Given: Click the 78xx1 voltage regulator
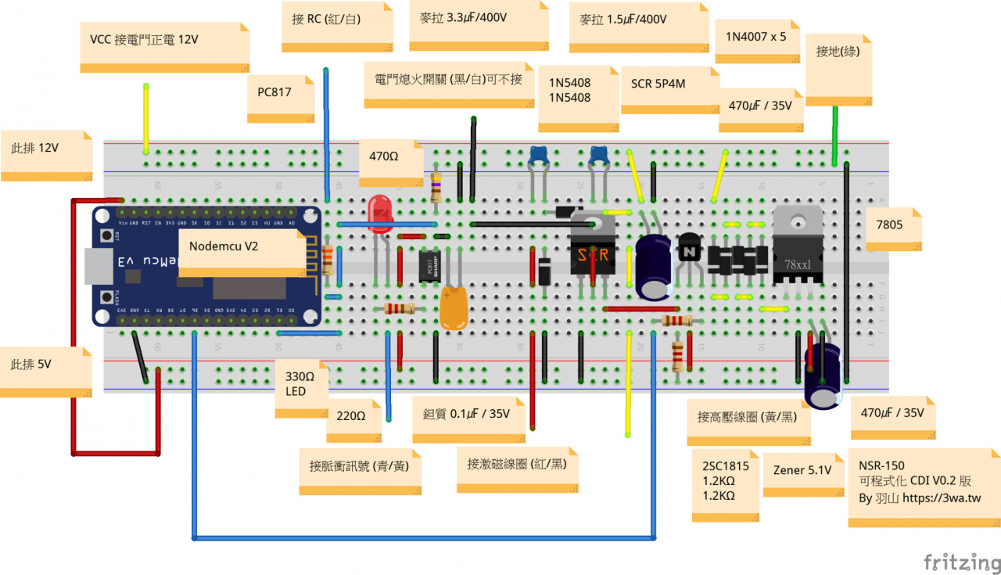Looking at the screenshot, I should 797,246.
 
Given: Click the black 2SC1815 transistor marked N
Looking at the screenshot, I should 690,250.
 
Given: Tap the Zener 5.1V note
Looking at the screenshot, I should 802,473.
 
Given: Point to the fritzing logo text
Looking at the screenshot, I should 961,562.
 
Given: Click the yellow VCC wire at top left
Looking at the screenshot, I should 145,117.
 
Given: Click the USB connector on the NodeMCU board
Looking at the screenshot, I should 98,266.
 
